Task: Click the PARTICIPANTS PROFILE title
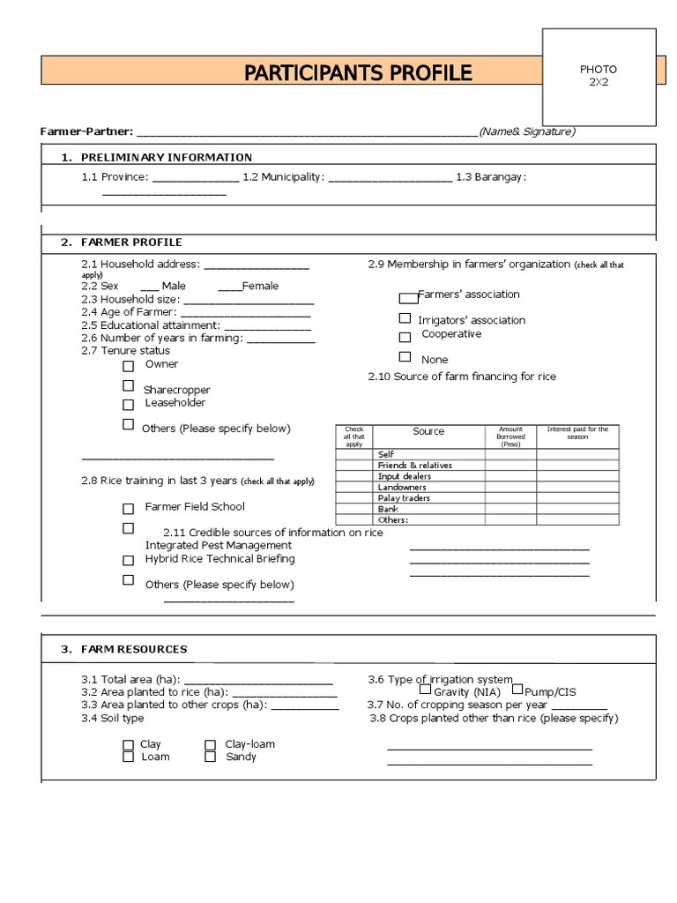point(358,72)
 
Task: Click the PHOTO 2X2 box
point(599,76)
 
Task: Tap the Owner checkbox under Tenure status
point(129,366)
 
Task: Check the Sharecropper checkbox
point(129,385)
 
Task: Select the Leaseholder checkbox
point(129,405)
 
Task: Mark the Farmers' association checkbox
point(407,298)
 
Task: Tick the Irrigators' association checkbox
point(405,318)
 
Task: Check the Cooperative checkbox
point(405,337)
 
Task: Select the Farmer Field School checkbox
point(129,509)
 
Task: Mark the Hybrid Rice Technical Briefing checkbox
point(129,560)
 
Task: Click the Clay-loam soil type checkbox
point(211,745)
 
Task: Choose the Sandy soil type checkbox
point(211,757)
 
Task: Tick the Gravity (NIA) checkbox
point(425,690)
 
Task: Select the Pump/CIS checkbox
point(517,690)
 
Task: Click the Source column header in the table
point(428,431)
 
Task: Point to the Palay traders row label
point(404,498)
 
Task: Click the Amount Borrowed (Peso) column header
point(510,437)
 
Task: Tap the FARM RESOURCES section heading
point(134,649)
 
